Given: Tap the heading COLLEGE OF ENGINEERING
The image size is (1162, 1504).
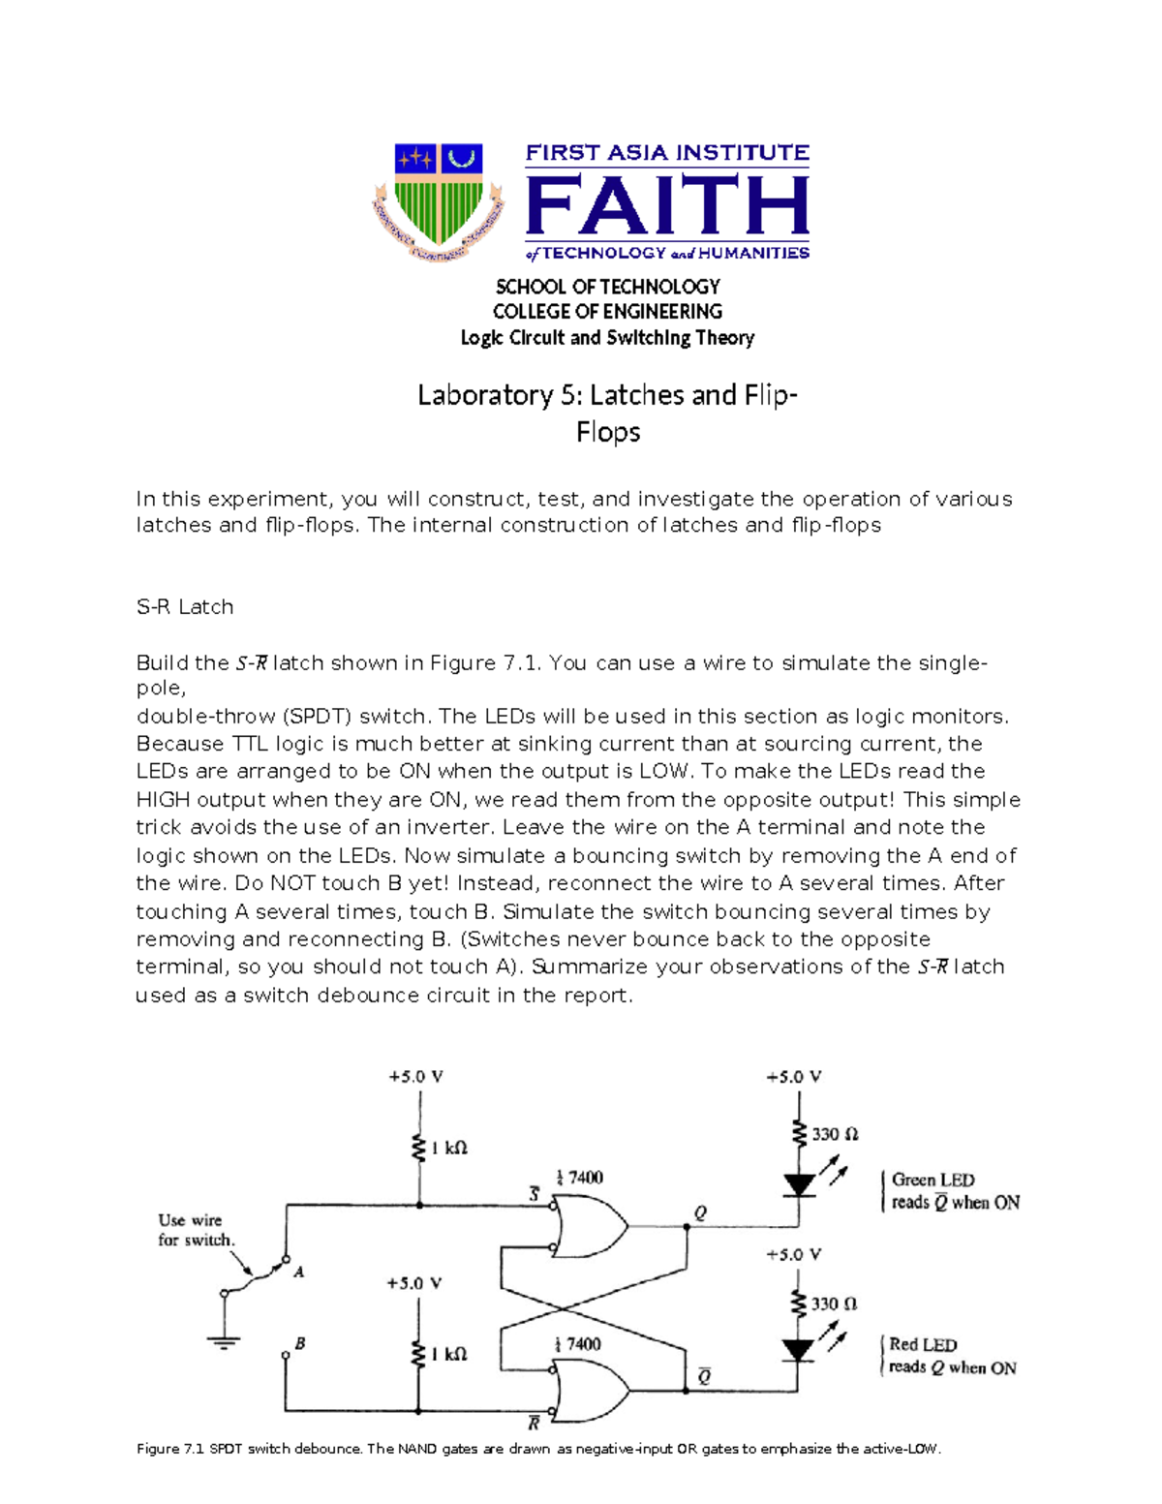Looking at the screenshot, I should pos(607,312).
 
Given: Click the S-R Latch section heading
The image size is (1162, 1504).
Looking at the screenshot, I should pos(185,607).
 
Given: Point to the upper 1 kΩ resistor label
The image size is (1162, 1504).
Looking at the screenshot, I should pos(448,1148).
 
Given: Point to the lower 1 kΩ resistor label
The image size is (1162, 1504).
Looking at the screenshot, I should pos(448,1354).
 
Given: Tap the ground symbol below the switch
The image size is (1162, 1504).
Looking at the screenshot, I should pos(224,1342).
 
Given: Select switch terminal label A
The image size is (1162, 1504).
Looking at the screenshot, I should pos(298,1272).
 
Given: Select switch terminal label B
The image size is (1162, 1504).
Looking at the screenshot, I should pos(300,1343).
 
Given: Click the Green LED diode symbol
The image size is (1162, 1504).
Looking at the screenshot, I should pos(799,1184).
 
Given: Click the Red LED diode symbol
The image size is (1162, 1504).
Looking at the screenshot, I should pos(798,1350).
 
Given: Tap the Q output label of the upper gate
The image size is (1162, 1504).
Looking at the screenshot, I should pos(700,1212).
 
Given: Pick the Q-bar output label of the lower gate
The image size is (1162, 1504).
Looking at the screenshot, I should pos(704,1376).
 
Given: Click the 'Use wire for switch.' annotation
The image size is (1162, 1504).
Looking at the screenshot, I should pos(196,1230).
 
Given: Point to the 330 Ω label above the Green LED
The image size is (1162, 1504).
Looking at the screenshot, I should pos(835,1134).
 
